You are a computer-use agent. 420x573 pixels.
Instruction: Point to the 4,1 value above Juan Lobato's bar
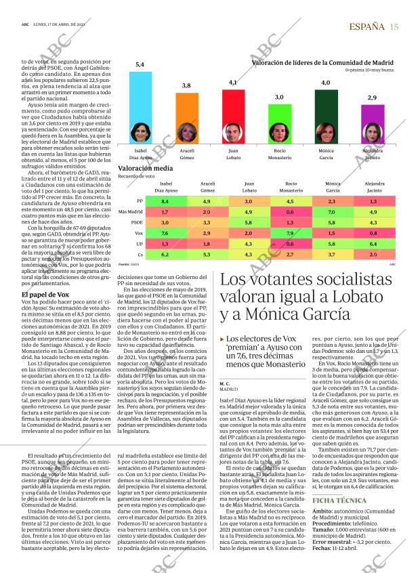pyautogui.click(x=233, y=82)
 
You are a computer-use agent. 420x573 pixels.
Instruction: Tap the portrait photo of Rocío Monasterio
pyautogui.click(x=279, y=131)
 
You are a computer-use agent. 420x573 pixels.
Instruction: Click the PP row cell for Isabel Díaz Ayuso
pyautogui.click(x=165, y=201)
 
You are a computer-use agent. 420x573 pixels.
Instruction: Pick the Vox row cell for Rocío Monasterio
pyautogui.click(x=290, y=233)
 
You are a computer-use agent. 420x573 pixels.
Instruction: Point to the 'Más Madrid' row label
pyautogui.click(x=131, y=212)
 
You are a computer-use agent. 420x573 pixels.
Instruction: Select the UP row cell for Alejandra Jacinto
pyautogui.click(x=373, y=244)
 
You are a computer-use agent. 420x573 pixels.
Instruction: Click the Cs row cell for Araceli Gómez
pyautogui.click(x=207, y=255)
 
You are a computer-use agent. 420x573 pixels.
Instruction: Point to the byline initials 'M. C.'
pyautogui.click(x=226, y=384)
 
